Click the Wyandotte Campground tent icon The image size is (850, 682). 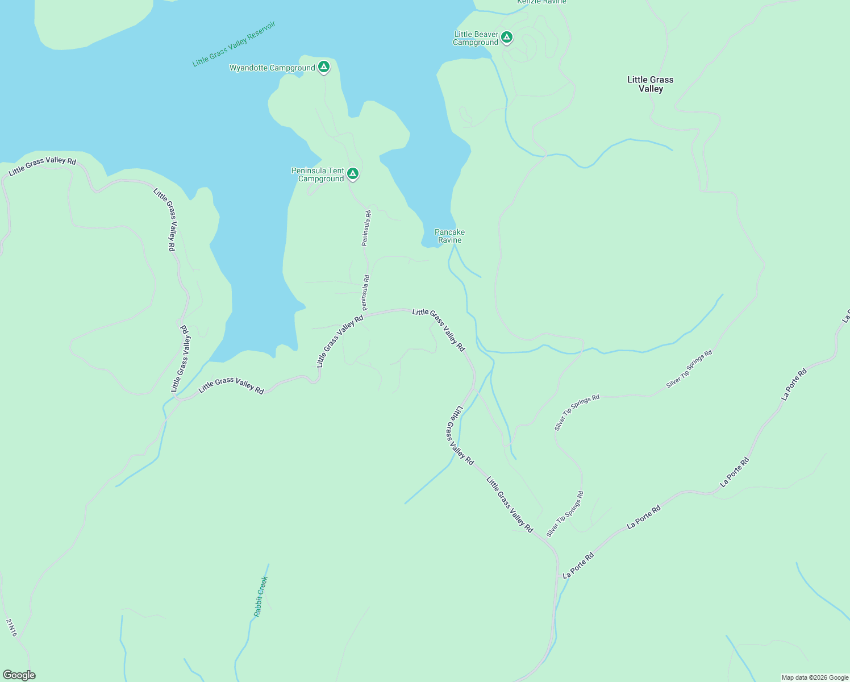324,67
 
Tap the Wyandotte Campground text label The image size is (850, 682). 272,68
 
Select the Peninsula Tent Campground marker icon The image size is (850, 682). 353,173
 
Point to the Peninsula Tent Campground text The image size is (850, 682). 318,174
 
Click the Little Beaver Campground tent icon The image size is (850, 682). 507,38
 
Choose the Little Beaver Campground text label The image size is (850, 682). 476,38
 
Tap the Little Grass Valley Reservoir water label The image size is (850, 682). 234,44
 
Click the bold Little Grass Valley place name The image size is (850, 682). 651,84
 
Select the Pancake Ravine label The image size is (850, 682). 449,236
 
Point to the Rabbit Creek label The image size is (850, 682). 260,597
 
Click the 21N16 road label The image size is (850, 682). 12,627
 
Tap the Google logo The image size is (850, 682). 19,675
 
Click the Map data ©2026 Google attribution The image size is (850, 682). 815,677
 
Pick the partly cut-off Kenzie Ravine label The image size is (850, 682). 541,2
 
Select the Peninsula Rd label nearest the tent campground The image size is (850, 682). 366,228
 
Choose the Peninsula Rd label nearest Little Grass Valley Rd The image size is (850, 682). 366,292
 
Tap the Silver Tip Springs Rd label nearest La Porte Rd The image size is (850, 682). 565,514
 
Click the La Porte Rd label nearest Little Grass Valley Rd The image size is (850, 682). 578,566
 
